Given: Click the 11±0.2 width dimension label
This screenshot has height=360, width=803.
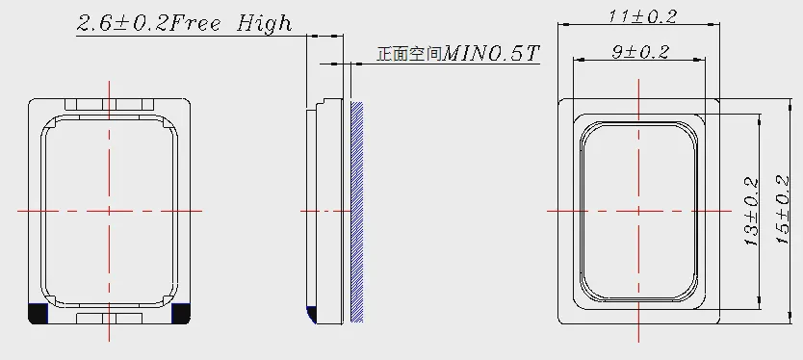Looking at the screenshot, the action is pos(642,16).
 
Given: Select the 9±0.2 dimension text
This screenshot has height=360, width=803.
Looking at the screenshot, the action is pos(640,52).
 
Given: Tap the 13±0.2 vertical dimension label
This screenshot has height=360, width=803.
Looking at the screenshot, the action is pos(751,212).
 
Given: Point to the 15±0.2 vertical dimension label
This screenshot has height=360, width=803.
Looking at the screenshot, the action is pos(783,210).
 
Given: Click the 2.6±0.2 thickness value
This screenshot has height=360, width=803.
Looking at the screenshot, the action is pos(122,23).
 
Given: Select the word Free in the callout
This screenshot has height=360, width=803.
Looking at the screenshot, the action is pos(195,23).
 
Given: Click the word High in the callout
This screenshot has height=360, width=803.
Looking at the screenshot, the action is pos(264,23).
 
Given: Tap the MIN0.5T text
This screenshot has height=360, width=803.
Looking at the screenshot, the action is pos(491,53).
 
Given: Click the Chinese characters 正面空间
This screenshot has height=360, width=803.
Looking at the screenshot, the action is pos(410,54).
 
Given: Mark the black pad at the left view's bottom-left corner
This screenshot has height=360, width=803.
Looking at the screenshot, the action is pos(38,314).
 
